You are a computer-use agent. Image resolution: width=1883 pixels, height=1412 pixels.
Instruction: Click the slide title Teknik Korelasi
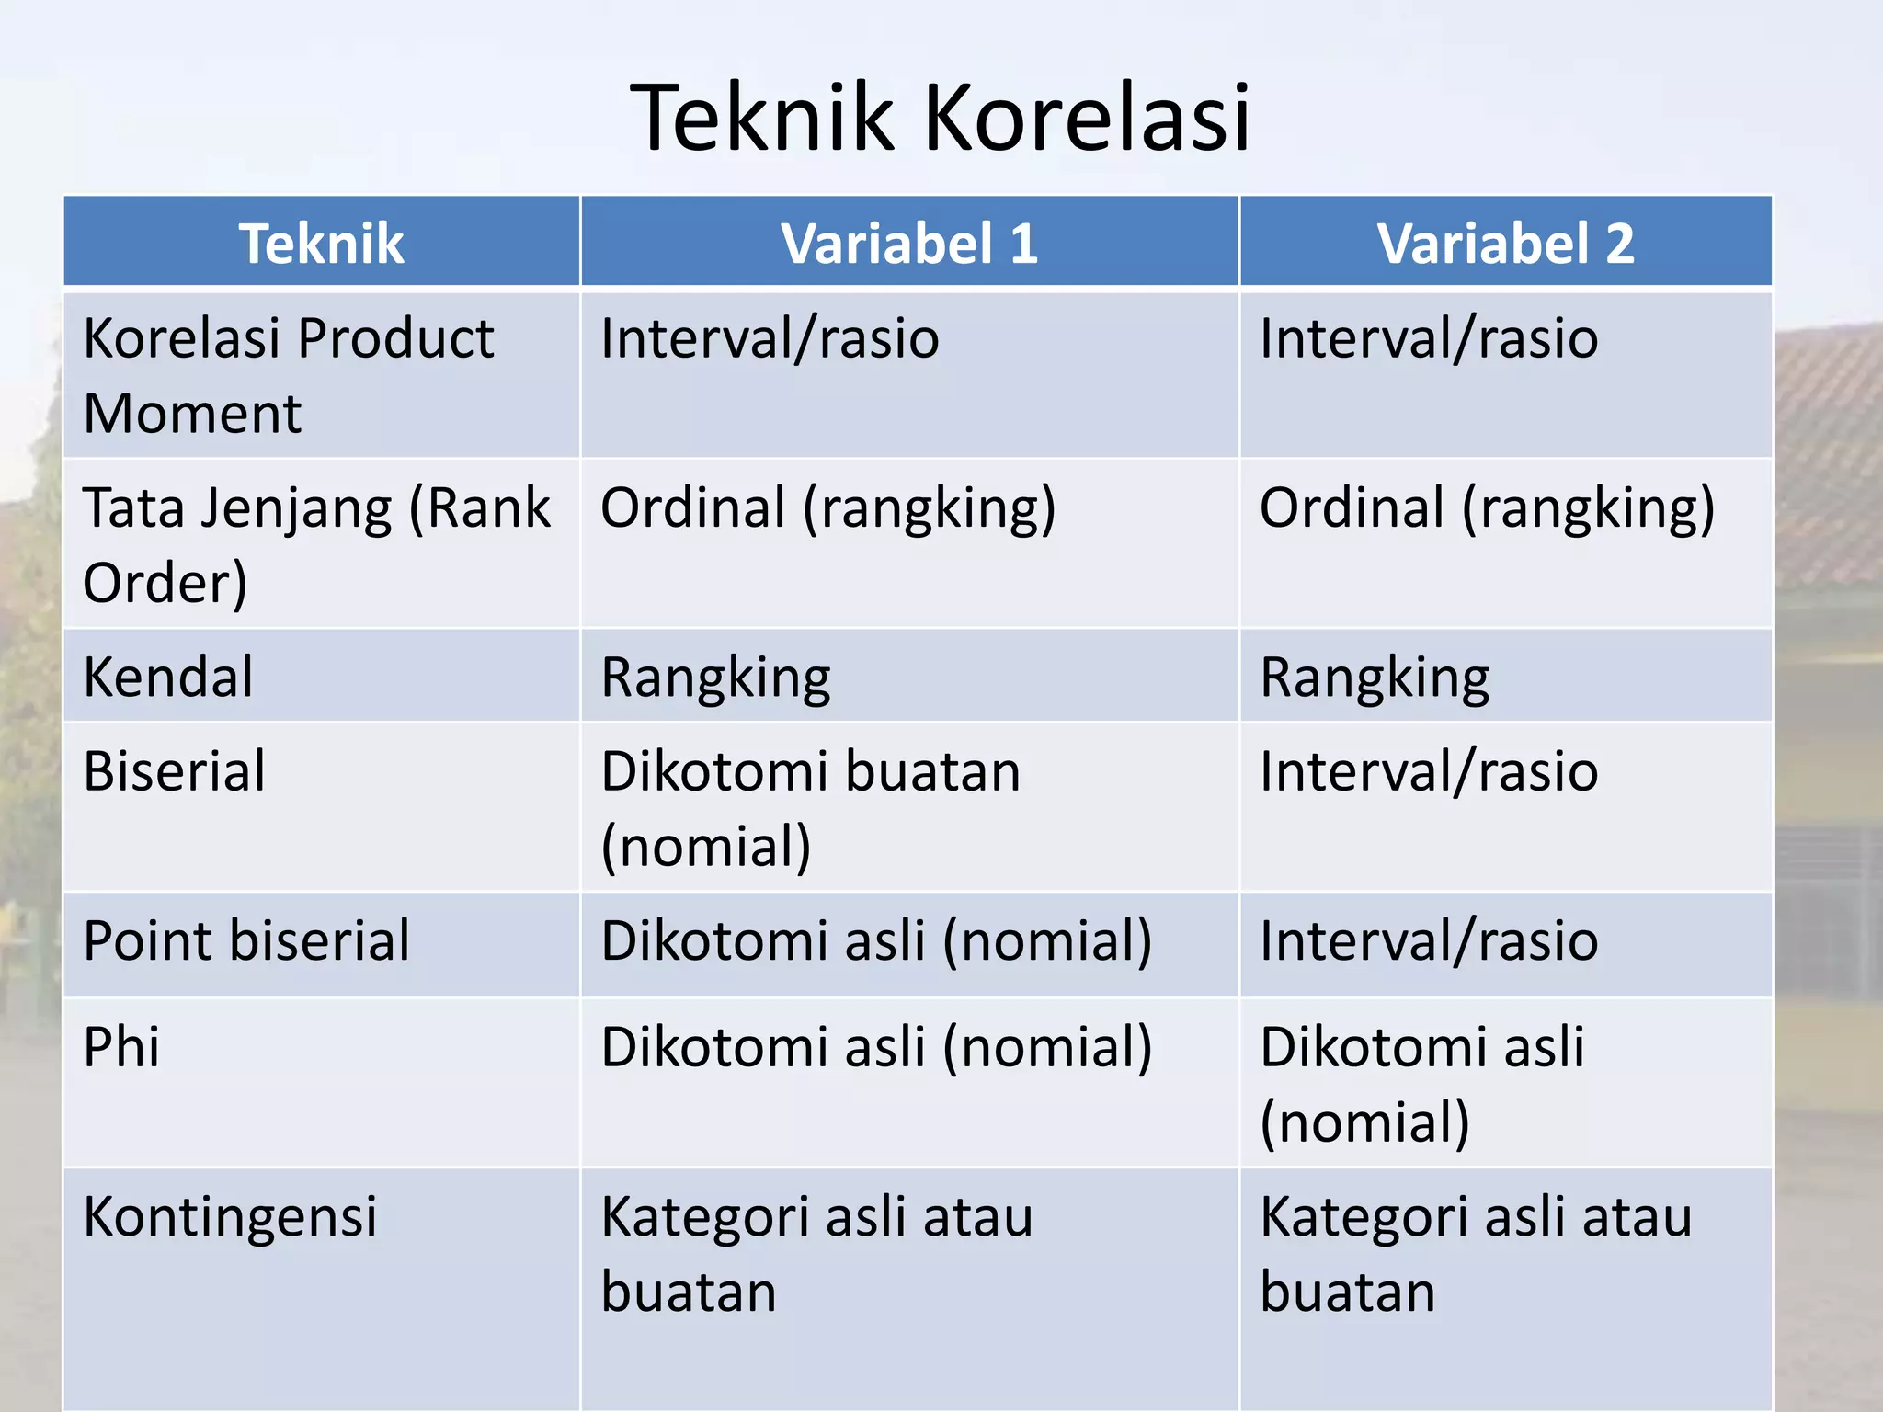point(940,119)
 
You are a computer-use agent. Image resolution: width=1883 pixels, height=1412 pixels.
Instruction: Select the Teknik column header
point(321,244)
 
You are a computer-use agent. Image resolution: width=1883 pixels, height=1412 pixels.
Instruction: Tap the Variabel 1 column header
point(909,244)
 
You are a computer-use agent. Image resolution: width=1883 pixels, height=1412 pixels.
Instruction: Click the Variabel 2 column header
point(1505,244)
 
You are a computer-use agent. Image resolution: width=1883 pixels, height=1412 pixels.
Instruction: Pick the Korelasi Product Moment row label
point(288,375)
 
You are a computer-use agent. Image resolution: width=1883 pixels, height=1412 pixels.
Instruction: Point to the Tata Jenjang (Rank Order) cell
point(315,544)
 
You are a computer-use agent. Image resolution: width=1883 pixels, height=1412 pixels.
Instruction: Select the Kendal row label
point(168,678)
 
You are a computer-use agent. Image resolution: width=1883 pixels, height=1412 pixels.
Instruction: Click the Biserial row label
point(175,771)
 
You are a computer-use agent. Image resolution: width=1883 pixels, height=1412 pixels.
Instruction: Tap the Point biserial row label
point(246,941)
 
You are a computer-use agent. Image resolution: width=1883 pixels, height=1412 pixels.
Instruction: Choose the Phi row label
point(121,1047)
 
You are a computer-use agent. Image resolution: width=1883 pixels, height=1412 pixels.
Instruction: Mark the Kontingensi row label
point(230,1217)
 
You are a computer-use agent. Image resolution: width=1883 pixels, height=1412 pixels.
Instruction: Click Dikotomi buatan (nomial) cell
point(809,808)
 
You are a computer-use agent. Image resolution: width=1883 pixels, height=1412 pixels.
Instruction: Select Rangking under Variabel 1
point(715,678)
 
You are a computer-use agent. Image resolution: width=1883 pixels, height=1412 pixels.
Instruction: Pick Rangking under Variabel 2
point(1375,678)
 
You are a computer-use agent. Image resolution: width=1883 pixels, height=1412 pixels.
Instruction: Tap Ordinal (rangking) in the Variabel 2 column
point(1487,508)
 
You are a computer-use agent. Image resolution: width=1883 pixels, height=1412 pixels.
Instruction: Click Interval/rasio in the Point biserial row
point(1429,941)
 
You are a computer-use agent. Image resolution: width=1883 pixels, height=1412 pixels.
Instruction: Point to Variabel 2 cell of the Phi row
point(1421,1084)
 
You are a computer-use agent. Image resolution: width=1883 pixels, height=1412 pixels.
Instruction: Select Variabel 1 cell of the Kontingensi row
point(816,1254)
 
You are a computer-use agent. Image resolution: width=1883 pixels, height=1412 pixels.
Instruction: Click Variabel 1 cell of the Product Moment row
point(770,339)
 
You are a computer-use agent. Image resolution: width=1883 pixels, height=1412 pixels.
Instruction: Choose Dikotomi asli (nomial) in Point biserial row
point(875,941)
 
